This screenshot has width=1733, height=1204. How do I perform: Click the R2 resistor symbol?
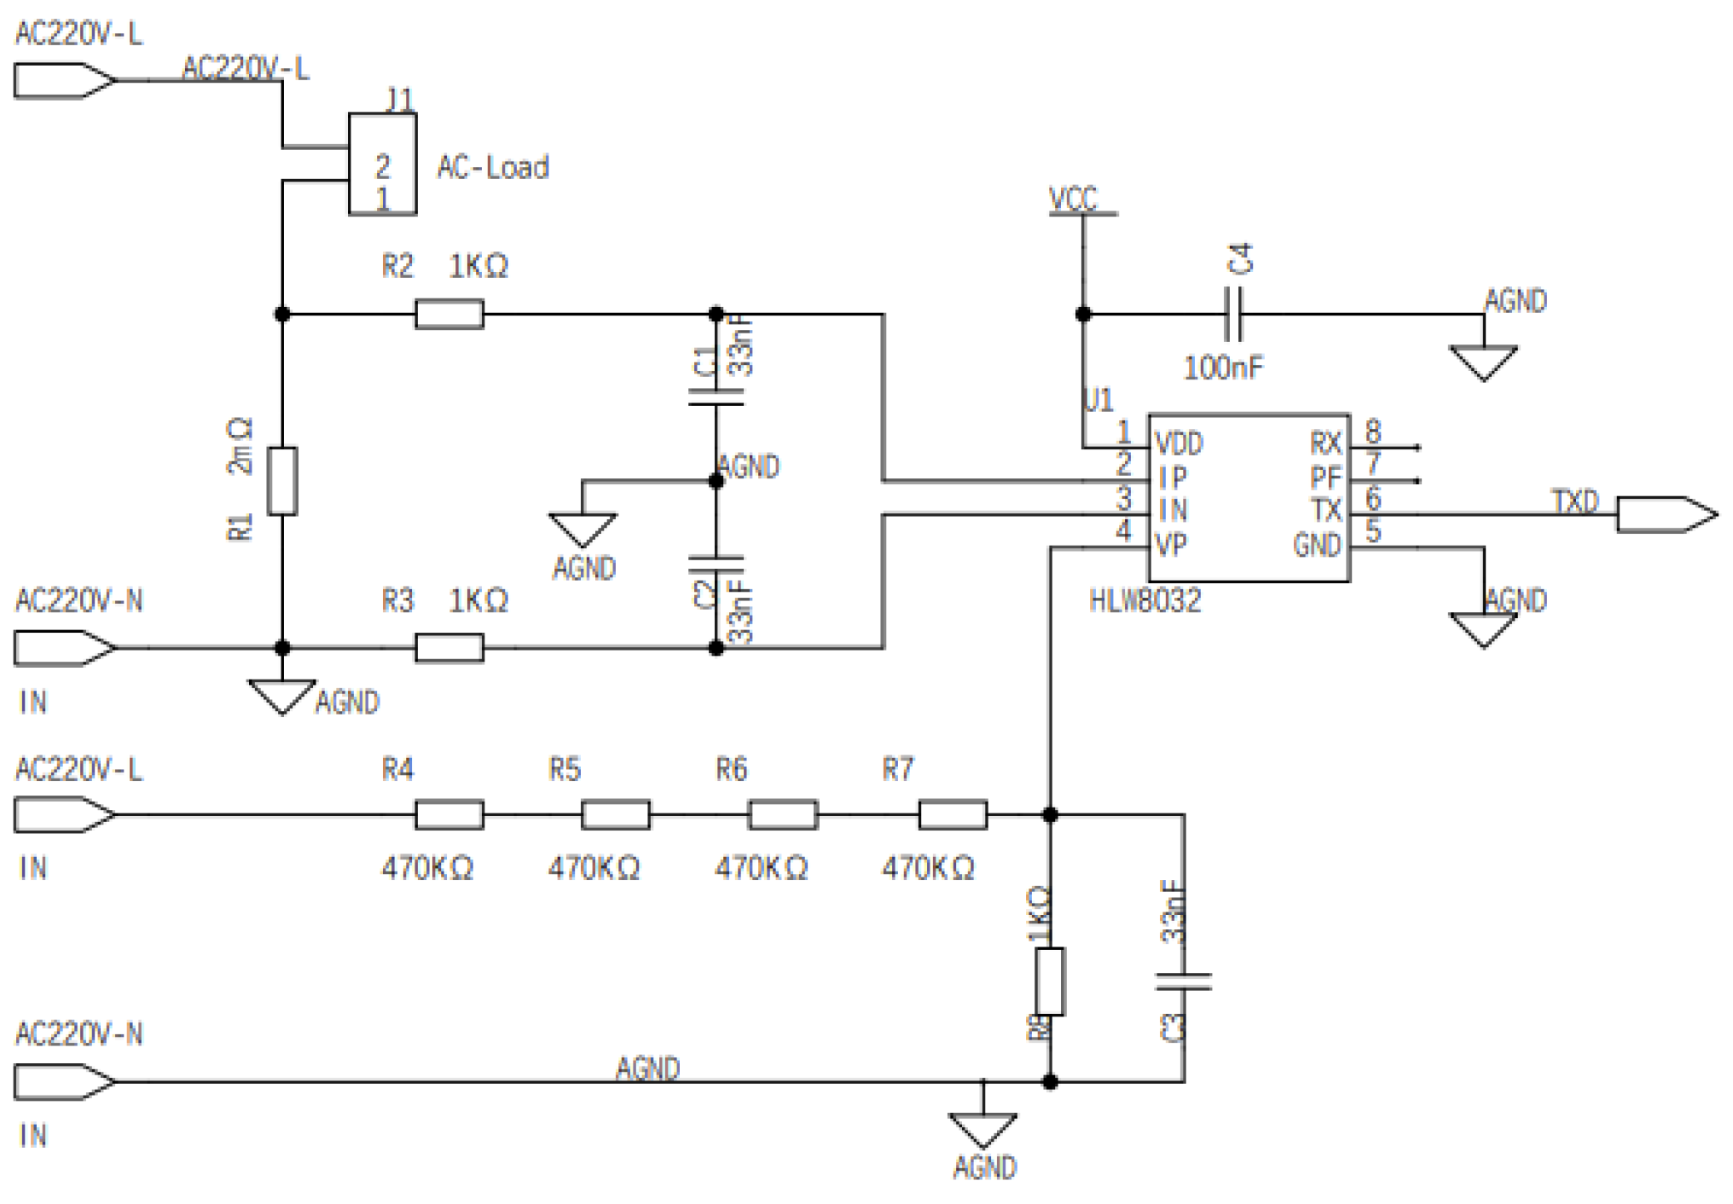(x=449, y=314)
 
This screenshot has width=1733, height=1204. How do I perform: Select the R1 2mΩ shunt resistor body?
(x=282, y=481)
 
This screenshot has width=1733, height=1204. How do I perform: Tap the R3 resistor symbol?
(x=449, y=647)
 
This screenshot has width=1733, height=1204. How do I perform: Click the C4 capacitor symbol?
(x=1233, y=314)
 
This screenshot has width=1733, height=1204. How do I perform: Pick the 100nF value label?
(x=1223, y=368)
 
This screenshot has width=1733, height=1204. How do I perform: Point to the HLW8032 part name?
(x=1145, y=600)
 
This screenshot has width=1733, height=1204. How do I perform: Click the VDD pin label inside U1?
(x=1179, y=444)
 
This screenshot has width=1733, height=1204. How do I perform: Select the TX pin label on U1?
(x=1325, y=511)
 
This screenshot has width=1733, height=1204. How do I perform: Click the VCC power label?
(x=1073, y=200)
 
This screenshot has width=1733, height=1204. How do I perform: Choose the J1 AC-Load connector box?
(x=382, y=164)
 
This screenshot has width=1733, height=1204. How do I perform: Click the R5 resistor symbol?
(x=615, y=814)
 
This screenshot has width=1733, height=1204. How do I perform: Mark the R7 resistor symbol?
(x=953, y=814)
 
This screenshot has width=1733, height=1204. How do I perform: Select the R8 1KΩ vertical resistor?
(x=1050, y=981)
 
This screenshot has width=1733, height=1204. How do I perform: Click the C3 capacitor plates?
(x=1184, y=981)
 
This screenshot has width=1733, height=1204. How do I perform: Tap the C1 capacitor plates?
(x=716, y=397)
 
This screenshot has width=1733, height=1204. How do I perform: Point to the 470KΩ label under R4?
(x=427, y=868)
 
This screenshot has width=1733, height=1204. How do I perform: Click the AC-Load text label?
(x=493, y=167)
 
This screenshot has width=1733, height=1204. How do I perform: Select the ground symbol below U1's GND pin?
(x=1483, y=629)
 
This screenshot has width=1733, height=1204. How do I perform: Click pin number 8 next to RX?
(x=1372, y=431)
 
